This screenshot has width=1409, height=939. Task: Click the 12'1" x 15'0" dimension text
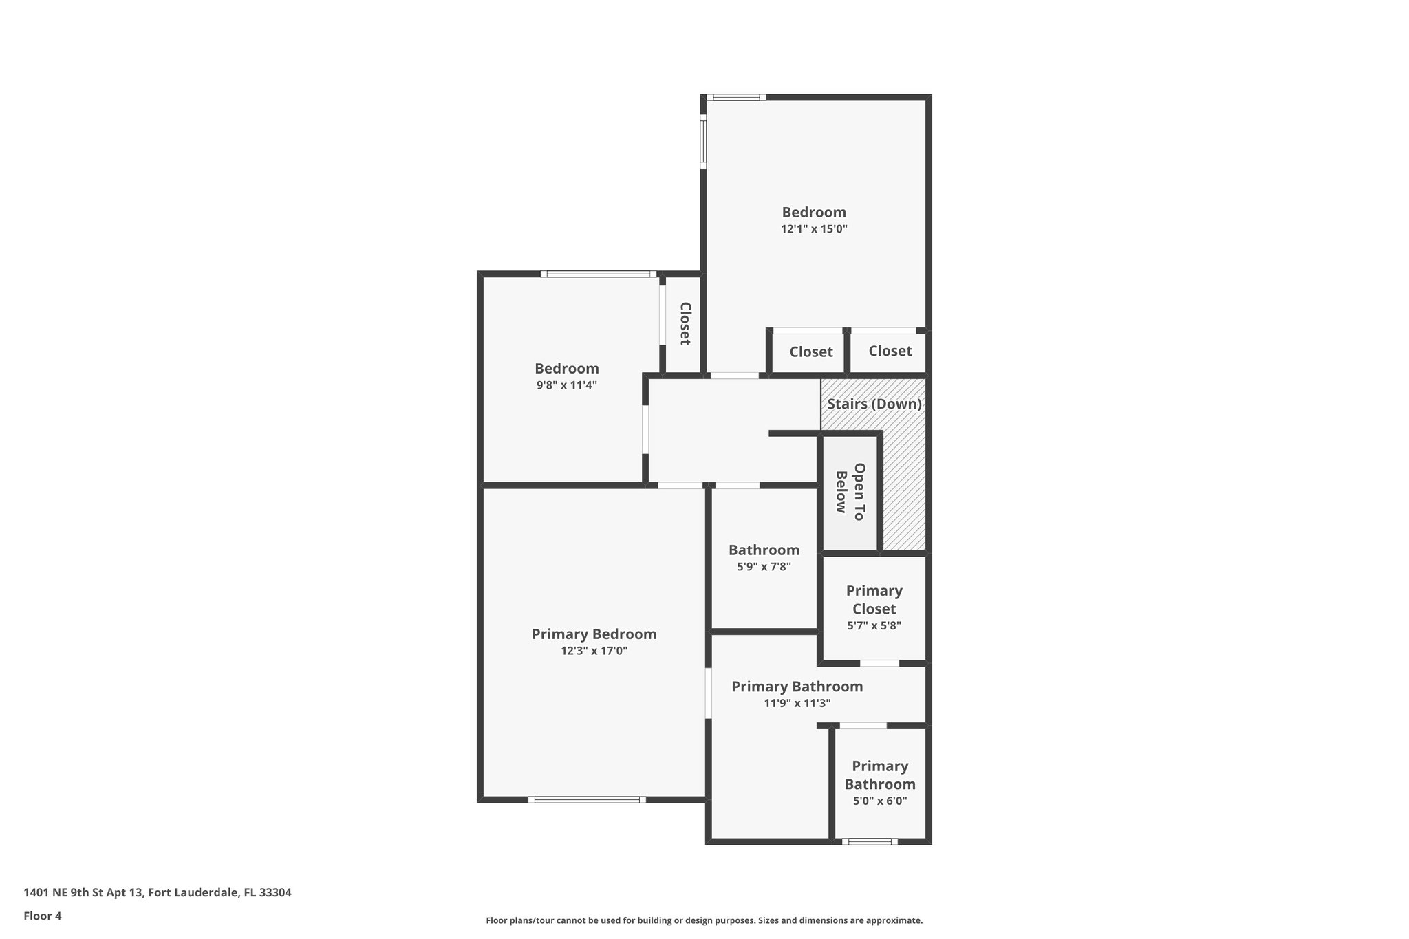click(813, 229)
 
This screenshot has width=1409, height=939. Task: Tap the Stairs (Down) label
click(874, 404)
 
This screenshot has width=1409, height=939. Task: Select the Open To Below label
click(850, 492)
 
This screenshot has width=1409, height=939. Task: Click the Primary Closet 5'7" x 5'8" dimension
click(874, 626)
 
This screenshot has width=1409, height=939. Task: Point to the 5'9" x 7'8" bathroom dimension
click(764, 567)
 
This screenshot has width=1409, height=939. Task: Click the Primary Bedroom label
click(594, 634)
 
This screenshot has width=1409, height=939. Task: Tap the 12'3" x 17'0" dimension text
click(594, 651)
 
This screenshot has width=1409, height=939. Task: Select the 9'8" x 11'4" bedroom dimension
click(566, 385)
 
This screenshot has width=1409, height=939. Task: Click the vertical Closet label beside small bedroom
click(685, 323)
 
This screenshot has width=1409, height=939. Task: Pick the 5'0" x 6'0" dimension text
click(879, 801)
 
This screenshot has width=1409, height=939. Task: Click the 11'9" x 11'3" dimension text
click(797, 703)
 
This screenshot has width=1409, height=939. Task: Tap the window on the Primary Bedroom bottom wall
click(587, 799)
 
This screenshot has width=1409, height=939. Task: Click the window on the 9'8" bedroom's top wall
click(597, 274)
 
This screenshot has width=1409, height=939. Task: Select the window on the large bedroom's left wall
click(703, 141)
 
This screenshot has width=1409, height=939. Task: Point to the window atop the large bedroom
click(735, 97)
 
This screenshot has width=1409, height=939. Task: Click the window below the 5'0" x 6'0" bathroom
click(870, 841)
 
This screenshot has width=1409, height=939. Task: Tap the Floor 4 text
click(42, 916)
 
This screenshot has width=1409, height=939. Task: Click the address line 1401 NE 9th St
click(157, 892)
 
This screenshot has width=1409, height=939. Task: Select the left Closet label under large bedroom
click(810, 352)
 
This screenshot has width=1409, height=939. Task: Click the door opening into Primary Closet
click(879, 663)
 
